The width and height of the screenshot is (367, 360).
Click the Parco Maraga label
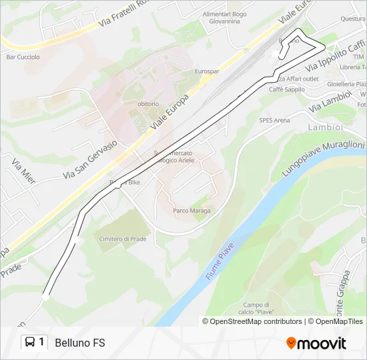pyautogui.click(x=192, y=211)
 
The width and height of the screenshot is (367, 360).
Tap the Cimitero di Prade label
pyautogui.click(x=123, y=238)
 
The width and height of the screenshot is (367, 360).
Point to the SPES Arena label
pyautogui.click(x=274, y=120)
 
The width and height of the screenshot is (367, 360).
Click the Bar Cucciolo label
pyautogui.click(x=23, y=57)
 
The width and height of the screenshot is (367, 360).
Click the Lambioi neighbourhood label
pyautogui.click(x=325, y=127)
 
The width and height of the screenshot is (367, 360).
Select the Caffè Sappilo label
pyautogui.click(x=286, y=89)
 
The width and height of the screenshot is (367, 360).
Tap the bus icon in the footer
pyautogui.click(x=30, y=343)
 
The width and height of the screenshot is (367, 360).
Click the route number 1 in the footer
pyautogui.click(x=42, y=343)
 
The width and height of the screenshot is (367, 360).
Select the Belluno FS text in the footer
pyautogui.click(x=80, y=343)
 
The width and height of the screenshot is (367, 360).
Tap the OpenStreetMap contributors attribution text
pyautogui.click(x=256, y=321)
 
